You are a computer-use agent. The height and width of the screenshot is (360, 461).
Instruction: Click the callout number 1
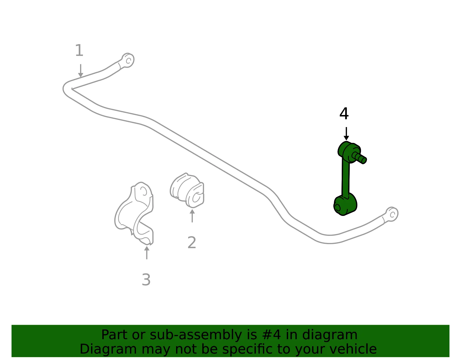pos(79,50)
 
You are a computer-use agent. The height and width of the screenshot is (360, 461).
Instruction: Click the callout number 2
pos(192,242)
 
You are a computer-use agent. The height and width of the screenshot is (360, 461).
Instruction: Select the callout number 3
pos(146,280)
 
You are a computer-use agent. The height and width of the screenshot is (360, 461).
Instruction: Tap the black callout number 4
pos(344,114)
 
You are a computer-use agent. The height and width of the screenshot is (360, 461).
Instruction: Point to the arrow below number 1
pos(81,71)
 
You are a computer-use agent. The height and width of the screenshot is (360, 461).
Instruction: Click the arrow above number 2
pos(192,216)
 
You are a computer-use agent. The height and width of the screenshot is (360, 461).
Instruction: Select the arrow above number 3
pos(147,252)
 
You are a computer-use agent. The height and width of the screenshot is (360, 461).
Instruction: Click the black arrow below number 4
pos(346,134)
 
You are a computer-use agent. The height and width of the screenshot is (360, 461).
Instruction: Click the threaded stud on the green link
pos(359,158)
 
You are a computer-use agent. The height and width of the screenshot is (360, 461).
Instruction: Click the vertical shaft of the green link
pos(345,178)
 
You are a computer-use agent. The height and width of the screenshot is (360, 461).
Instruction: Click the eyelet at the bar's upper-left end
pos(128,60)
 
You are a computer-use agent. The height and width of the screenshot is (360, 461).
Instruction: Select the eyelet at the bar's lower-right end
pos(392,214)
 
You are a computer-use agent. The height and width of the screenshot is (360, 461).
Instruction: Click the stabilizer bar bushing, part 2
pos(187,190)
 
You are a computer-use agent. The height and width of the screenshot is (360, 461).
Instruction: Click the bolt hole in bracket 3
pos(143,191)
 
